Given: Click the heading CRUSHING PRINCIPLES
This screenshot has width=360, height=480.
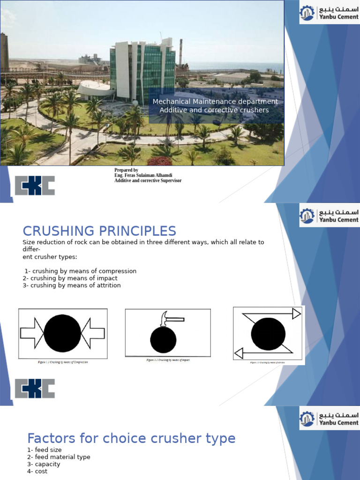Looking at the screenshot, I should coord(99,231).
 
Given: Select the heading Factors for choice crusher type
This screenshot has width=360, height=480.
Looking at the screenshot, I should coord(131,438).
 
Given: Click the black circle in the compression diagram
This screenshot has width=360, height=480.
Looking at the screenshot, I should coord(62,333).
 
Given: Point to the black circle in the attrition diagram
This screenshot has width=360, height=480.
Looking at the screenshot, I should coord(268,334).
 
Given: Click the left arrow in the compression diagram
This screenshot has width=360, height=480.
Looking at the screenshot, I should coord(32,333).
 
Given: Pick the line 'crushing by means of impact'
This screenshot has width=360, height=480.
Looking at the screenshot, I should coord(70,278).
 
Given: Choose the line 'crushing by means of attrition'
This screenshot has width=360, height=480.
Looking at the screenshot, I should coord(71,285).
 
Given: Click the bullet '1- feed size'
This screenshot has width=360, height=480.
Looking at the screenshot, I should coord(44,450).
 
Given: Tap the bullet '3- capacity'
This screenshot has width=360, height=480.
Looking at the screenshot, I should coord(44,464).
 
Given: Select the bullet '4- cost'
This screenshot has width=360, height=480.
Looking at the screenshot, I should coord(37,471).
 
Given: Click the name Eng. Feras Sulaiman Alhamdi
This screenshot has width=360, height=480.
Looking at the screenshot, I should coord(143,175).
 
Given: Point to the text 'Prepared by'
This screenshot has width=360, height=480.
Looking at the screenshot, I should coord(126,170).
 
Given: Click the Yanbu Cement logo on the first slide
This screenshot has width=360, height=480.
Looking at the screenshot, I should coord(329,13).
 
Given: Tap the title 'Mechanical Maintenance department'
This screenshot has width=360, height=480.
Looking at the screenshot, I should coord(215,102).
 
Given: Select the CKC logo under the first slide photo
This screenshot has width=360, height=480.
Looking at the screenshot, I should coord(35,186).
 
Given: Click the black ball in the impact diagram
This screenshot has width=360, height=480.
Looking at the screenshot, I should coord(163,340).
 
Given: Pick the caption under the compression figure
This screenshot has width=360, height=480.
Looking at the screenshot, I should coord(63,362).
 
